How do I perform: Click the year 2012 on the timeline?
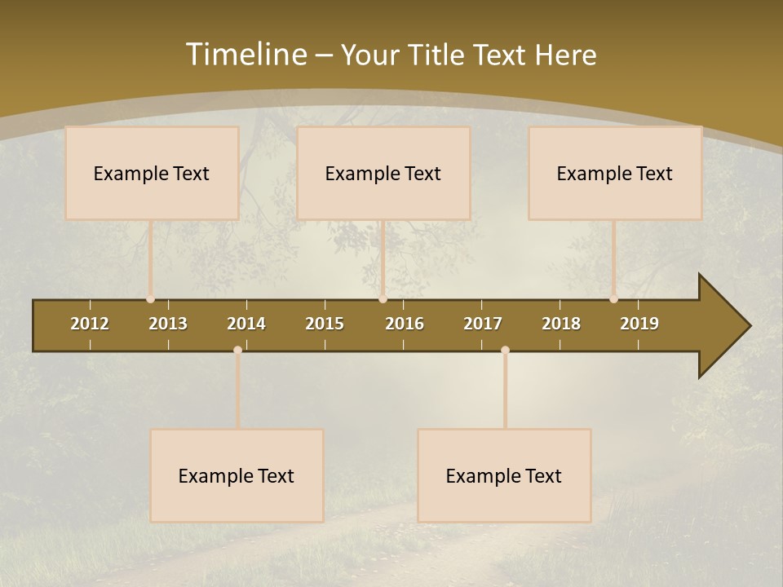click(x=90, y=324)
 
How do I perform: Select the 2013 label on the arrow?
click(x=168, y=324)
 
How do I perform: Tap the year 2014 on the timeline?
click(x=246, y=324)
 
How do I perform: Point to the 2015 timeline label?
click(x=325, y=324)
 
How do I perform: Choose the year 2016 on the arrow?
click(x=405, y=324)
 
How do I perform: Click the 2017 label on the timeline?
click(x=483, y=324)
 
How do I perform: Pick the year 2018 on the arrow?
click(x=561, y=324)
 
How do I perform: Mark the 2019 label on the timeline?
click(x=639, y=324)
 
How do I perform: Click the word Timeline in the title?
click(x=246, y=55)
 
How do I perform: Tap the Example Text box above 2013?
click(x=152, y=173)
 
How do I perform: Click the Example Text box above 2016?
click(x=383, y=173)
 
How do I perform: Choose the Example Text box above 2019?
click(x=615, y=173)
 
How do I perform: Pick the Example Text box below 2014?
click(x=237, y=475)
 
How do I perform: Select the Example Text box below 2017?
click(x=504, y=475)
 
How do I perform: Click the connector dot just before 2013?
click(x=151, y=299)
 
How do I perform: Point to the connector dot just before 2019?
click(x=614, y=299)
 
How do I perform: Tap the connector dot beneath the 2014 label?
click(x=237, y=351)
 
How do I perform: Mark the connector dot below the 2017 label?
click(x=505, y=351)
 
